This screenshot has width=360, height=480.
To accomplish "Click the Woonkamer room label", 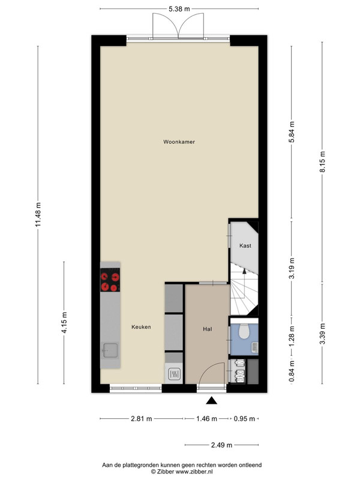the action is [x=179, y=142].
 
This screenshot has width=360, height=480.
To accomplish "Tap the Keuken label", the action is [x=141, y=327].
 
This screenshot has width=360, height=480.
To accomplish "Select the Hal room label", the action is [x=207, y=329].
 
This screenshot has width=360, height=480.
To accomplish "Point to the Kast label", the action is [x=245, y=245].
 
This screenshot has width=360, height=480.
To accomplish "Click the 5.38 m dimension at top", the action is [x=179, y=9].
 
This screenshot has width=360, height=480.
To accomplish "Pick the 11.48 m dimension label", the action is [x=38, y=215].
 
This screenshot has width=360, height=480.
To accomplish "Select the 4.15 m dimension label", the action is [x=64, y=322].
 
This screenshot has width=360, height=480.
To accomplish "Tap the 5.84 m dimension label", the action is [x=292, y=132].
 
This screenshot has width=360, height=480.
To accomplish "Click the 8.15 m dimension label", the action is [x=322, y=161].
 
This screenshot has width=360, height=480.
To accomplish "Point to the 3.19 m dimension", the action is [x=292, y=268].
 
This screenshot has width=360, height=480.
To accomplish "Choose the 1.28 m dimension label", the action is [x=292, y=336].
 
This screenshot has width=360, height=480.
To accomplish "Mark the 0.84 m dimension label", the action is [x=292, y=371].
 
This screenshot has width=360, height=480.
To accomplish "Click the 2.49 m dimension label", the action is [x=221, y=445].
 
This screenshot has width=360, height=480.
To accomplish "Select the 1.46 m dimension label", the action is [x=206, y=418].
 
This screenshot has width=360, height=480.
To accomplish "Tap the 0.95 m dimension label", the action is [x=244, y=418].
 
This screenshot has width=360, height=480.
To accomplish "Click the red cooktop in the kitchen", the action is [x=110, y=280].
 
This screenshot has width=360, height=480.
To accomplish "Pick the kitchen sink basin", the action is [x=110, y=350].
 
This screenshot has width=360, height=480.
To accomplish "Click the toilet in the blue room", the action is [x=244, y=331].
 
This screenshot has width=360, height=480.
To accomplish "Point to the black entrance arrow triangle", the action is [x=211, y=401].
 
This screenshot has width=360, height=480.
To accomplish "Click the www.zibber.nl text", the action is [x=194, y=472].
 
